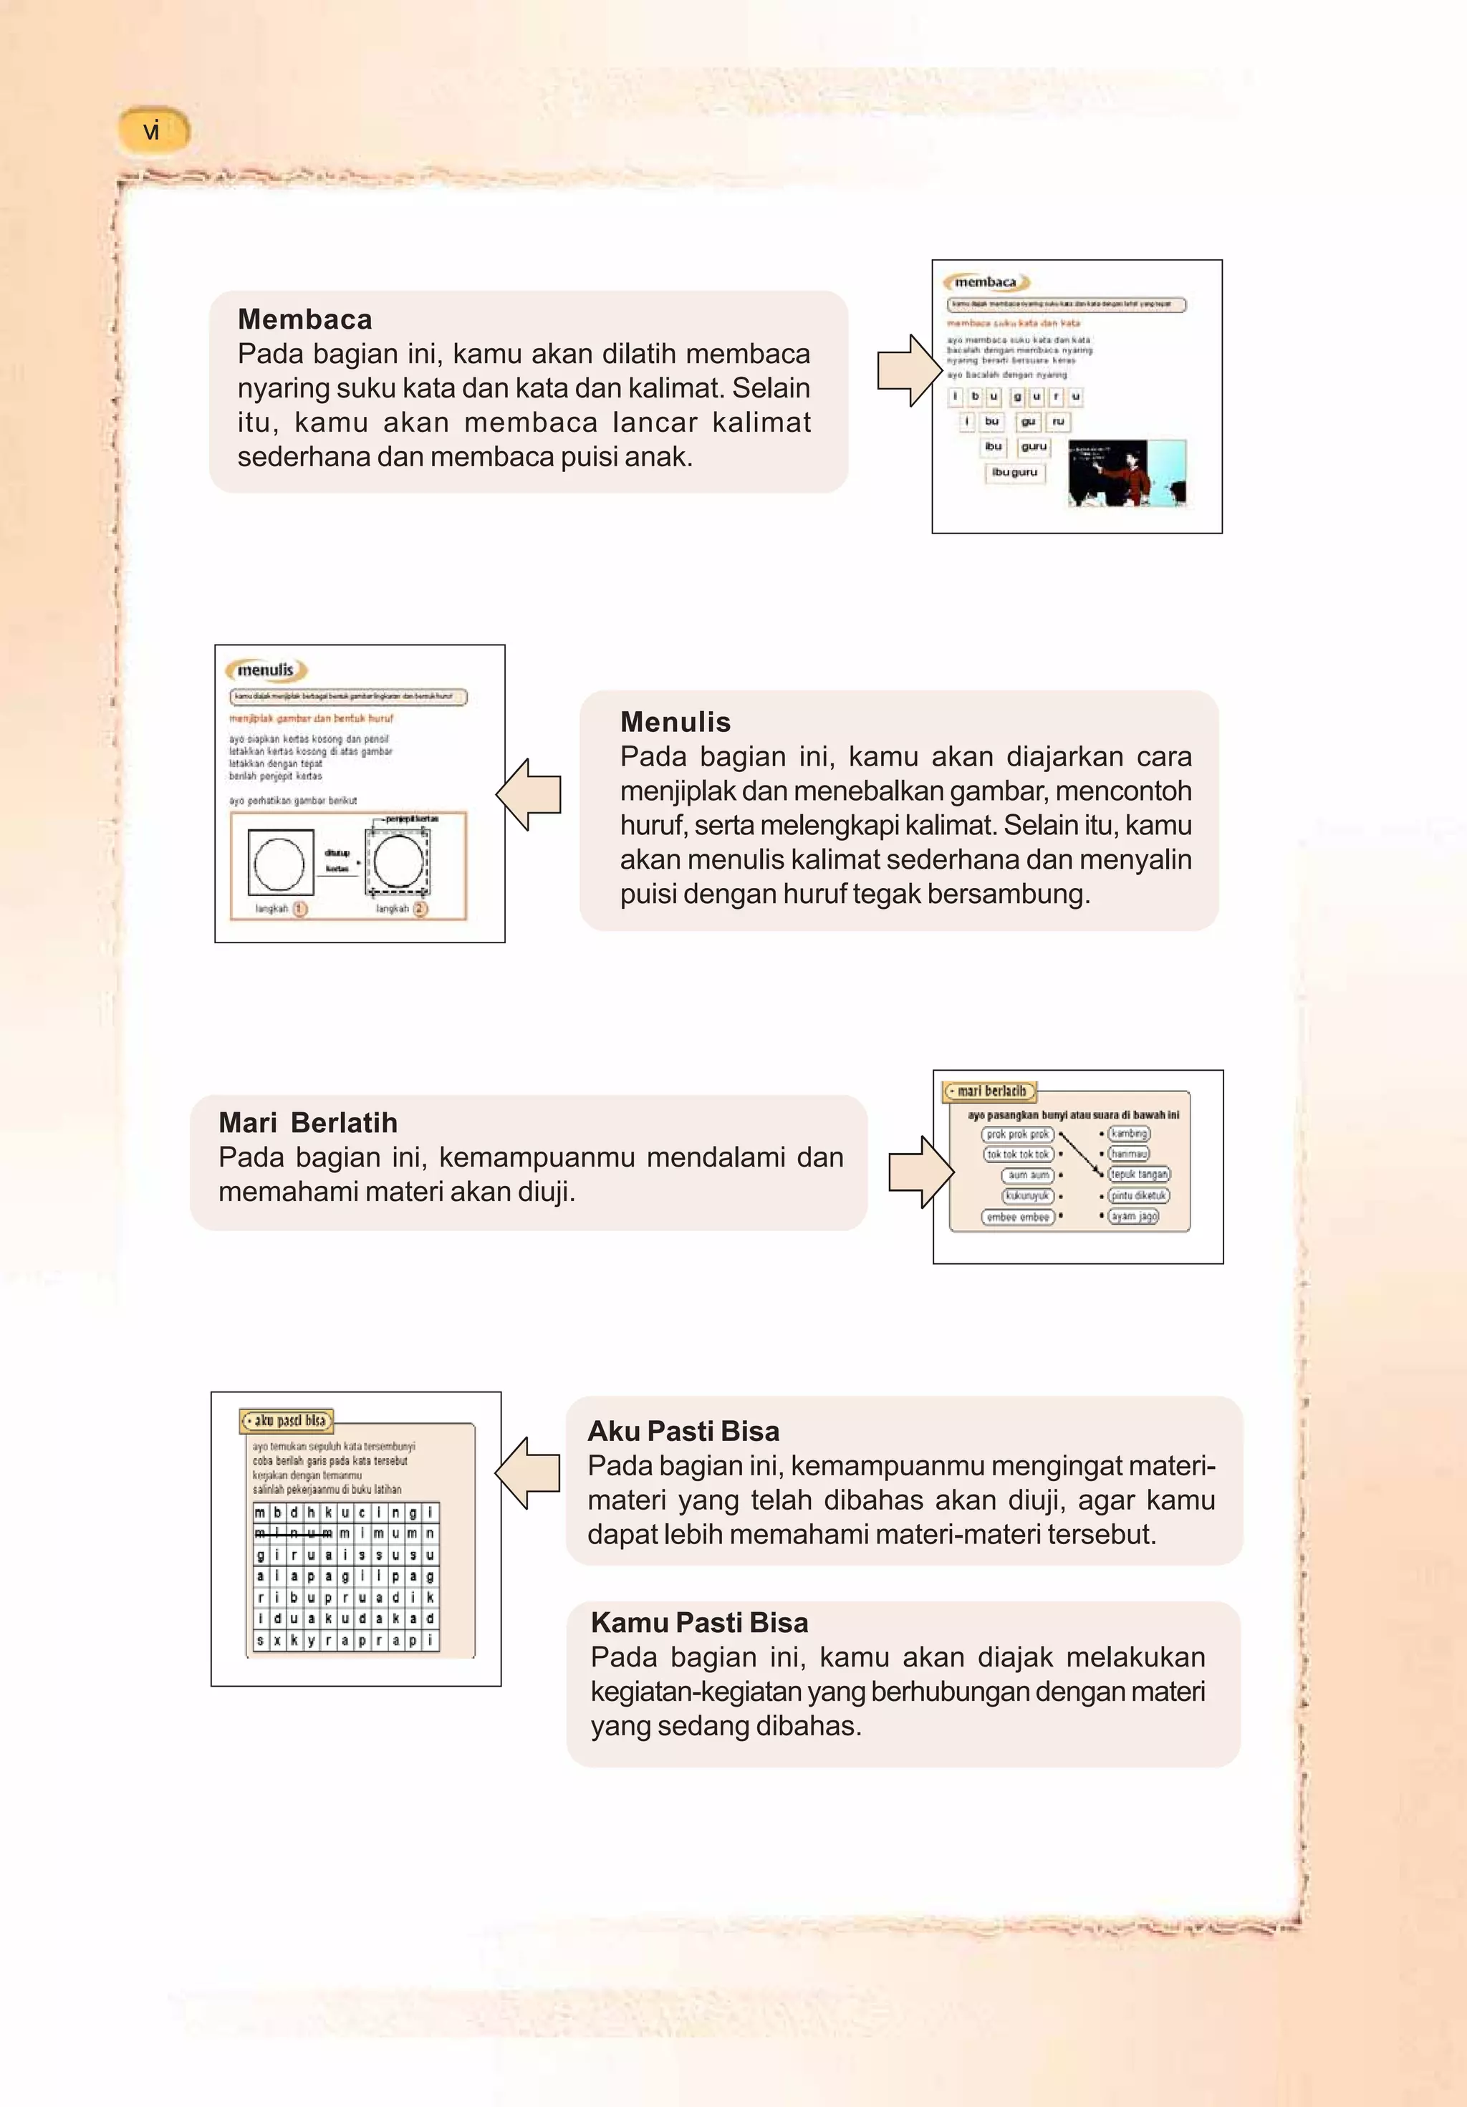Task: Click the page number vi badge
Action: [x=153, y=130]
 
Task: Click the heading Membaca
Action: [x=304, y=319]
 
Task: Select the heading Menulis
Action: [x=675, y=722]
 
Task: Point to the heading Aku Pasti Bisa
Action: [x=683, y=1431]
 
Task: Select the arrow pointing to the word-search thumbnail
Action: [x=529, y=1473]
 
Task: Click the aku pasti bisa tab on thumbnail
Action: [x=287, y=1421]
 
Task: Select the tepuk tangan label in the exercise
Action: [x=1138, y=1175]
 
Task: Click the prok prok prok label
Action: [x=1017, y=1134]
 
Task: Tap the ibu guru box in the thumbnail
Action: [x=1014, y=473]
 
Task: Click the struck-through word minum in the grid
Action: [x=294, y=1533]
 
